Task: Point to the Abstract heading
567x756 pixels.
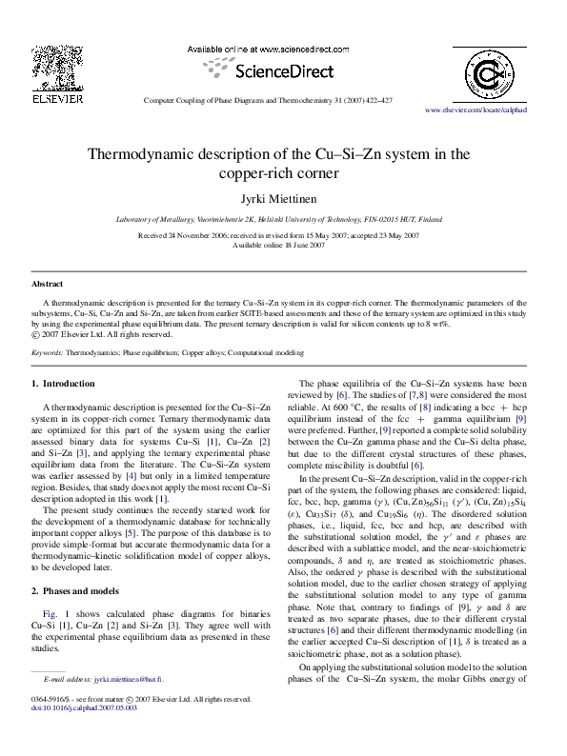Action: point(48,285)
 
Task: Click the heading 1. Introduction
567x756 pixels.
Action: point(64,384)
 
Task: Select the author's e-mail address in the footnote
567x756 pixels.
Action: point(129,706)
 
